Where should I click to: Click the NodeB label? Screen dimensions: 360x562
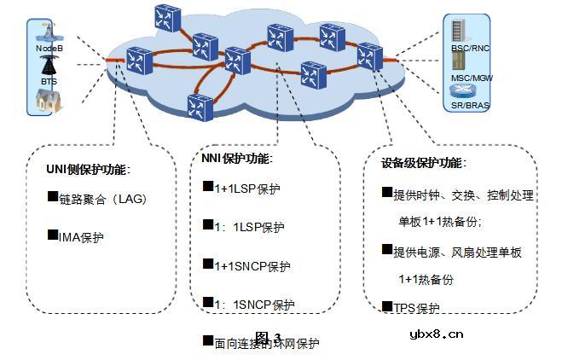pos(49,49)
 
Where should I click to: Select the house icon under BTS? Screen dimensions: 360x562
pos(49,102)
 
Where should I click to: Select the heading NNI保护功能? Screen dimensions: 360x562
pos(236,159)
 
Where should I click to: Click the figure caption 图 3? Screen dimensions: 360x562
pos(267,336)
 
